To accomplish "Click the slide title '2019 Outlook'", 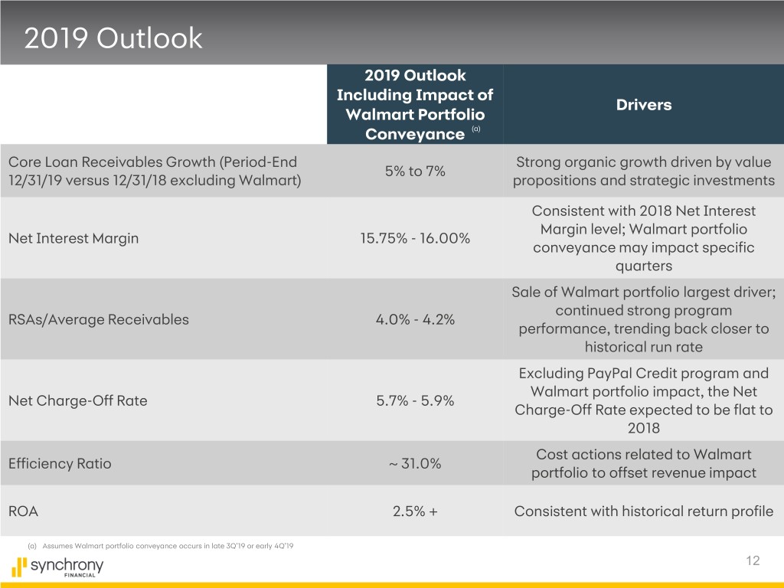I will coord(113,38).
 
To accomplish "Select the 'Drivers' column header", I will coord(643,105).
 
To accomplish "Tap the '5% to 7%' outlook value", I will coord(415,171).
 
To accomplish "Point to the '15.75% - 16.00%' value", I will coord(415,238).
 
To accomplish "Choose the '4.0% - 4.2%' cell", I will coord(415,319).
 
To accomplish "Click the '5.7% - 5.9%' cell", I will coord(415,400).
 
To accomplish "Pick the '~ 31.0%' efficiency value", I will coord(415,463).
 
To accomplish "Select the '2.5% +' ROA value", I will coord(415,511).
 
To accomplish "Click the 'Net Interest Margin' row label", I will coord(73,238).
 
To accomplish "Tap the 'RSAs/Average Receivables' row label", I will coord(98,319).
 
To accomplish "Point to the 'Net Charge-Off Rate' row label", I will coord(77,400).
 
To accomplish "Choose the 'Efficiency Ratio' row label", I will coord(59,463).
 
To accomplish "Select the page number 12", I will coord(753,561).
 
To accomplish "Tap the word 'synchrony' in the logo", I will coord(67,566).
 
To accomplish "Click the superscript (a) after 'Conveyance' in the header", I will coord(475,130).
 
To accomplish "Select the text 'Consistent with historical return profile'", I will coord(643,511).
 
